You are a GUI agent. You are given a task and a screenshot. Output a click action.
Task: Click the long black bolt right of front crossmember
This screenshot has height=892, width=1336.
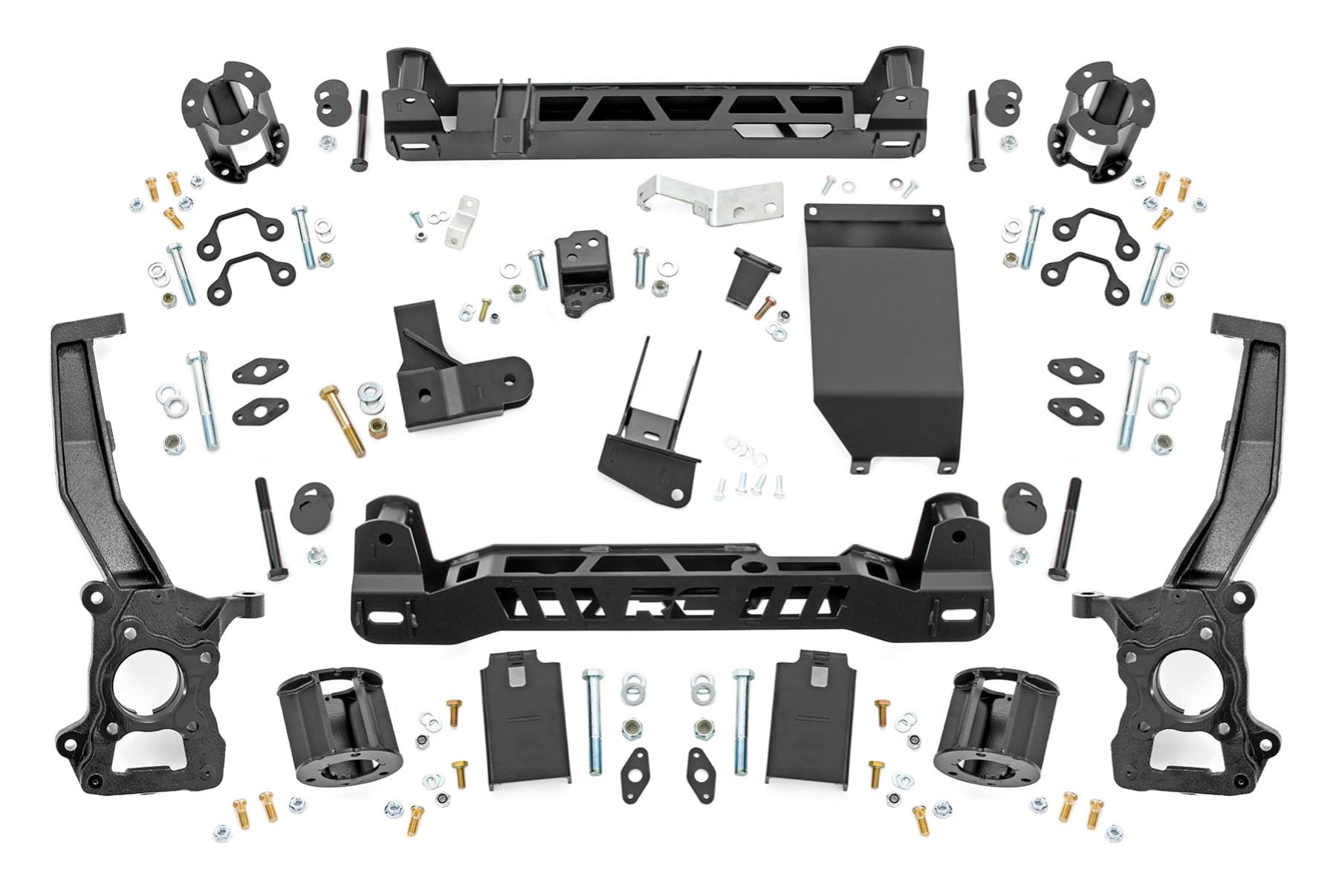(1063, 529)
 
